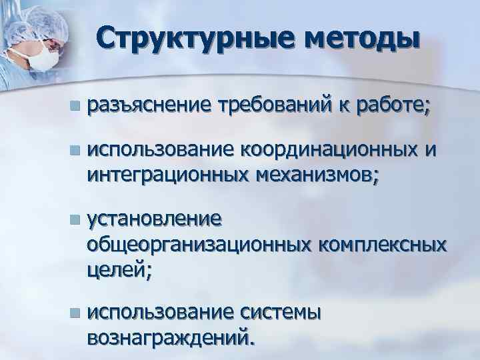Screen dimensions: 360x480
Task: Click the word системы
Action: (280, 313)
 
